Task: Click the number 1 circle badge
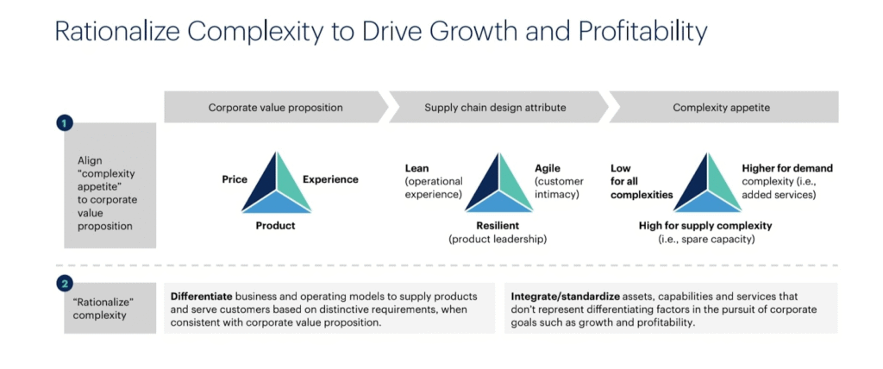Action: coord(65,123)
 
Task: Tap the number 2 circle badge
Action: coord(65,284)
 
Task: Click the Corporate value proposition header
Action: coord(275,107)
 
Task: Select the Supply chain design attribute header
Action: coord(495,107)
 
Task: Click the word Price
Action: coord(235,179)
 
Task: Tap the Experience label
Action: coord(330,179)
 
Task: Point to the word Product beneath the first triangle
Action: coord(275,226)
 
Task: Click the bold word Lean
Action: coord(416,168)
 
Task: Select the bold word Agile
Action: coord(548,168)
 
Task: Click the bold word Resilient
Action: coord(498,226)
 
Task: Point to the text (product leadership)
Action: coord(498,240)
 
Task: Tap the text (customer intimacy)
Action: coord(559,188)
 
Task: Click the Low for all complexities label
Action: coord(642,181)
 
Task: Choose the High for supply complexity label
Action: coord(705,226)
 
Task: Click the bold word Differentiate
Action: coord(202,297)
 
